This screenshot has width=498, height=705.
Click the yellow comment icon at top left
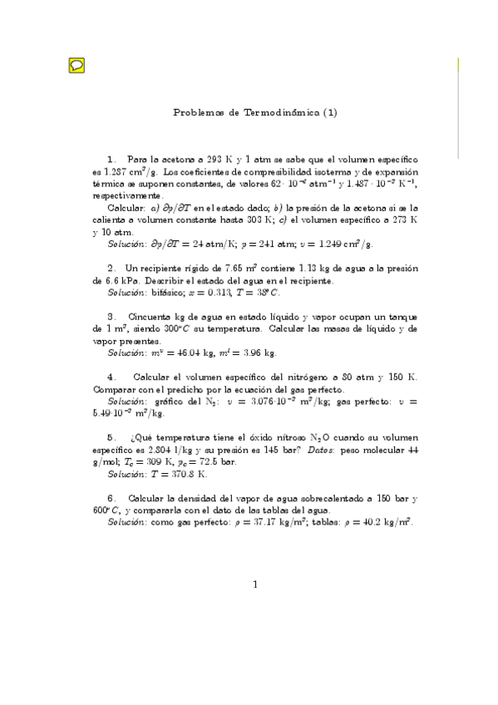coord(75,65)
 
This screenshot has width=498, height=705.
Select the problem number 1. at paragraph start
coord(112,158)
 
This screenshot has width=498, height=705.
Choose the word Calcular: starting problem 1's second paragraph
coord(126,206)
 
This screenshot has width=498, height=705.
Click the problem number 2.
coord(111,268)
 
